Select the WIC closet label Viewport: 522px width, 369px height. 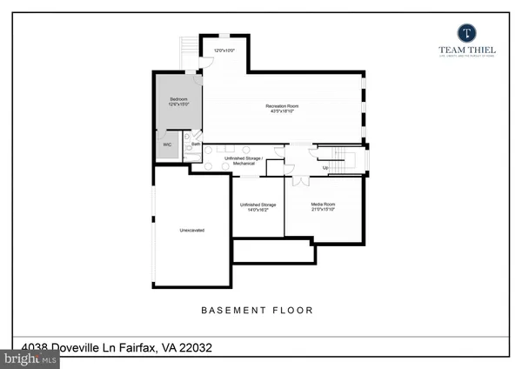(x=167, y=144)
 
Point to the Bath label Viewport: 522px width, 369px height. (x=196, y=144)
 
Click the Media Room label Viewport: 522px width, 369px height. (x=323, y=205)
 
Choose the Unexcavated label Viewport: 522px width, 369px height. (x=191, y=231)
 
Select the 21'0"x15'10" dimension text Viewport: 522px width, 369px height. (x=323, y=210)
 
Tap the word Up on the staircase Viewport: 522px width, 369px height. (x=325, y=166)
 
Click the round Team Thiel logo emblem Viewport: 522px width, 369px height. (x=465, y=32)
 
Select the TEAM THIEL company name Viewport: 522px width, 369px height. (x=465, y=51)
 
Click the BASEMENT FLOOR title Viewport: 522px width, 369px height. (x=257, y=310)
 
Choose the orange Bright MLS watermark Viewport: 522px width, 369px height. (x=30, y=358)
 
